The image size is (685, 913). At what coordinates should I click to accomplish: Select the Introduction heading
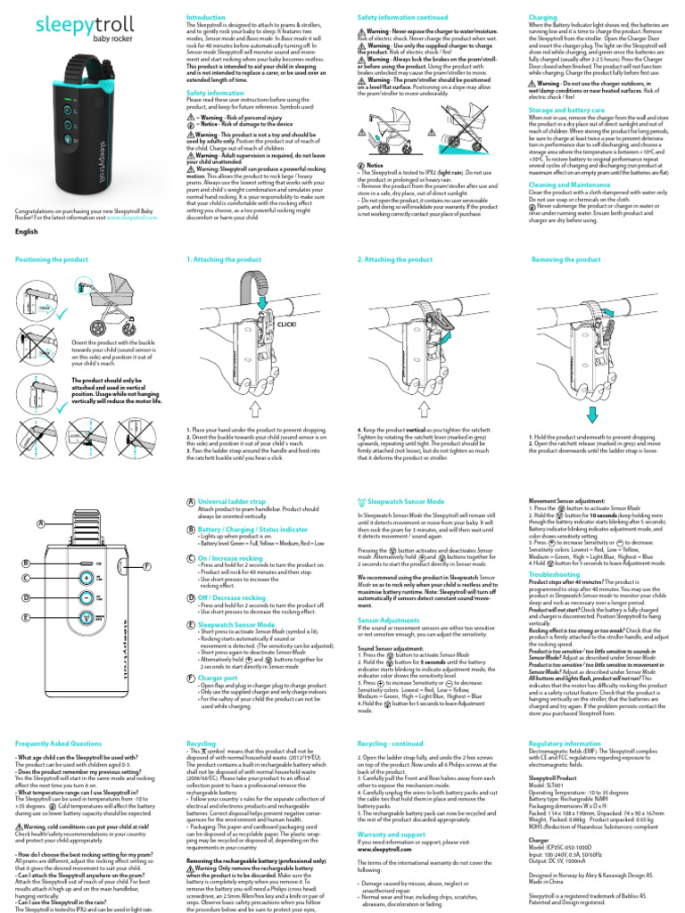(x=205, y=18)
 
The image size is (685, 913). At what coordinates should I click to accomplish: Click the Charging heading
(x=543, y=18)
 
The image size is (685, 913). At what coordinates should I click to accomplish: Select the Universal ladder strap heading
(x=233, y=502)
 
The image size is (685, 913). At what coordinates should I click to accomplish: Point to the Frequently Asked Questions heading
(x=59, y=743)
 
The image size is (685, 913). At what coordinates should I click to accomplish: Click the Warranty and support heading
(x=392, y=834)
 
